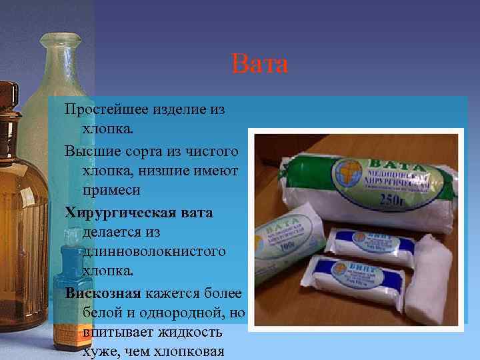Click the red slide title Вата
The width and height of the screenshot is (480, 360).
(x=260, y=64)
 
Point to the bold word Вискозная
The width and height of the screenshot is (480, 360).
(x=103, y=293)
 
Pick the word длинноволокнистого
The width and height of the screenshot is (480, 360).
(x=153, y=251)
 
